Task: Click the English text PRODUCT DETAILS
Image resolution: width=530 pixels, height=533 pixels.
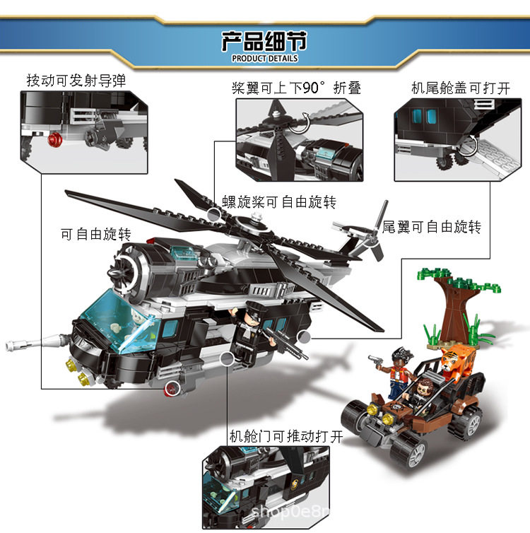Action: pos(265,59)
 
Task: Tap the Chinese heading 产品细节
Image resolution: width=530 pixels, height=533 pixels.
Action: pos(264,41)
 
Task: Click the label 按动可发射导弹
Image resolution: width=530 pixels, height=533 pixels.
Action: pos(76,81)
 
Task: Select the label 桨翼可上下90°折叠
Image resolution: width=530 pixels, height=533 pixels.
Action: pos(296,88)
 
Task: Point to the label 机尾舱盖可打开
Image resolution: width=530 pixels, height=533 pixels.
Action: pos(460,88)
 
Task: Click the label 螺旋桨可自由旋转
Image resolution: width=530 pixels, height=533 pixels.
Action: pos(279,202)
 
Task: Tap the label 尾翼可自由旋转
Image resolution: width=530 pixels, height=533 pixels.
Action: pos(432,227)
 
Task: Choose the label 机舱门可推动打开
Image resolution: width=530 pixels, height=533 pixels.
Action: pos(286,436)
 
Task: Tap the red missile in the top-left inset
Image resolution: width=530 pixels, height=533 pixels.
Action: pos(54,139)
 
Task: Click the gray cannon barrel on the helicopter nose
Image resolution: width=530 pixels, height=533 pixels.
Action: pos(37,343)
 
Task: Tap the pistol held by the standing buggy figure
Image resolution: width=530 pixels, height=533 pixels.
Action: pos(376,360)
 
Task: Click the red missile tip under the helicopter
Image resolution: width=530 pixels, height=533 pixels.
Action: pos(172,389)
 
